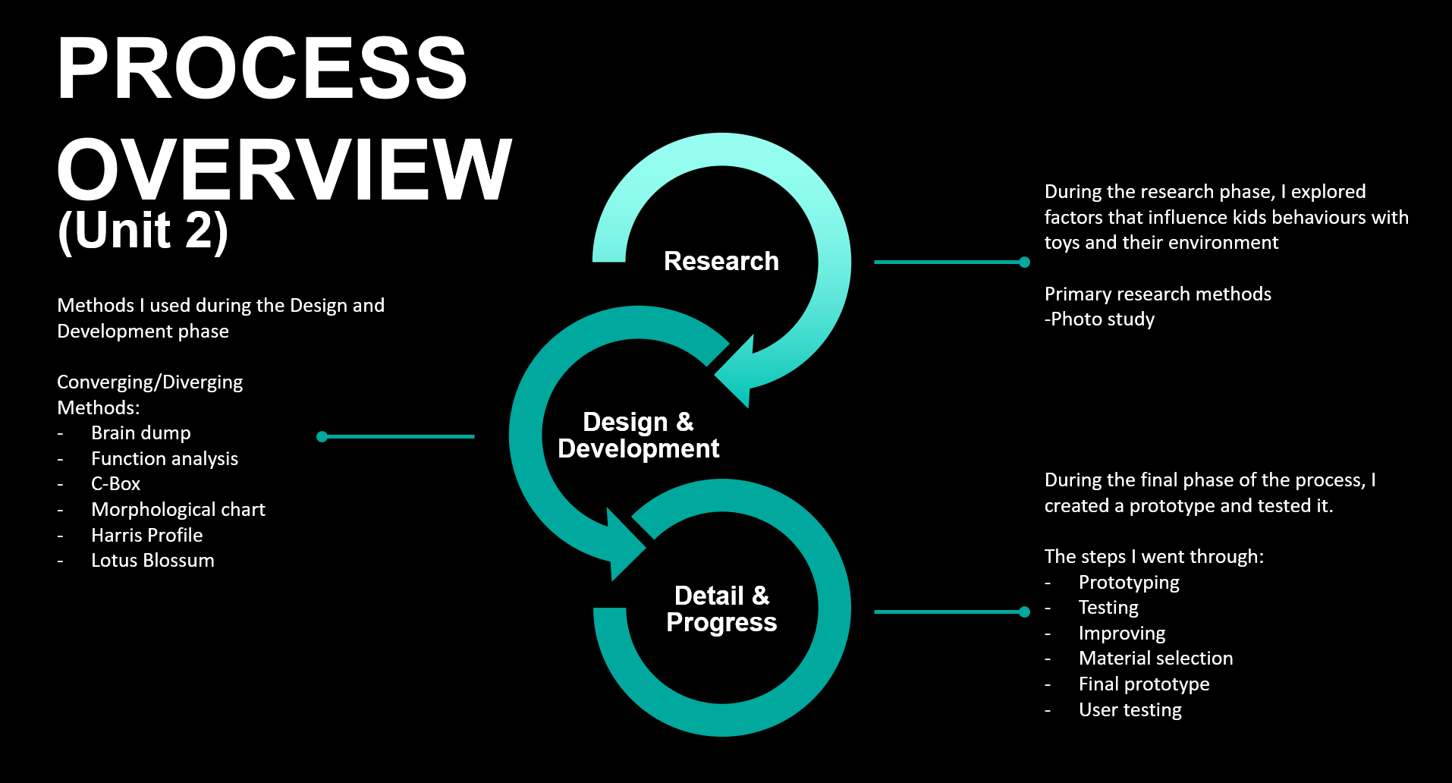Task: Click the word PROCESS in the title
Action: (x=262, y=68)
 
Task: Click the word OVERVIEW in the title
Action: (x=284, y=169)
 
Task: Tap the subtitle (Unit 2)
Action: (x=143, y=231)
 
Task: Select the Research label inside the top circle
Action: (x=721, y=261)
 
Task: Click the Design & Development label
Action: (x=638, y=435)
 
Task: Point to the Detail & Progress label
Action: (x=721, y=608)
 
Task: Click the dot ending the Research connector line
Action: (x=1024, y=263)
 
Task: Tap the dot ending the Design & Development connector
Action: (x=322, y=436)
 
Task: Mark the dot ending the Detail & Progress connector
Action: (x=1024, y=612)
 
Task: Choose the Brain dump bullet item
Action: (x=141, y=433)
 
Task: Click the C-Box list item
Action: (x=115, y=484)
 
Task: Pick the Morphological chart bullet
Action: (x=178, y=510)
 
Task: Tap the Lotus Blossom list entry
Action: (x=152, y=561)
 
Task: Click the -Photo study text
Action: (x=1099, y=319)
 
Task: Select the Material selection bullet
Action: (x=1155, y=659)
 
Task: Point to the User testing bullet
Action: (x=1130, y=710)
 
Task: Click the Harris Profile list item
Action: (x=147, y=536)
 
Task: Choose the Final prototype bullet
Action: (x=1144, y=684)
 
